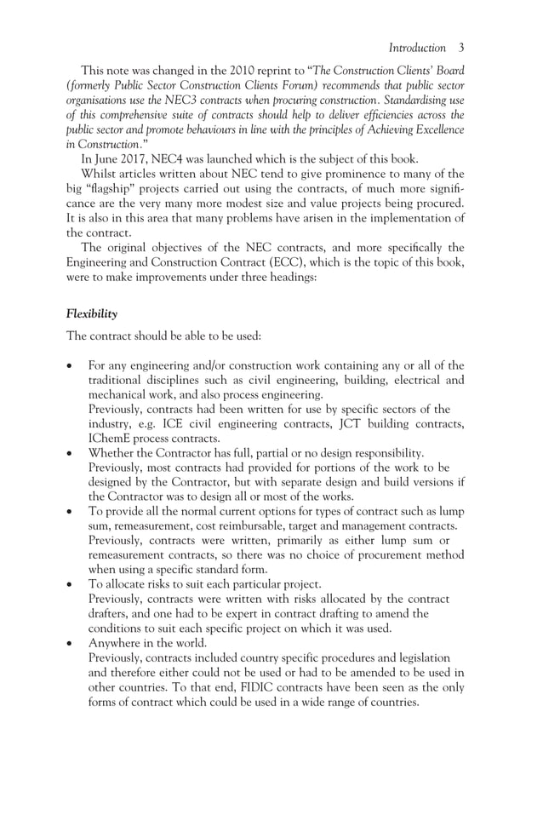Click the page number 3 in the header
460,48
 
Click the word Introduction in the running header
416,48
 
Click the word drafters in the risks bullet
110,614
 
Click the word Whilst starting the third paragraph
99,174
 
